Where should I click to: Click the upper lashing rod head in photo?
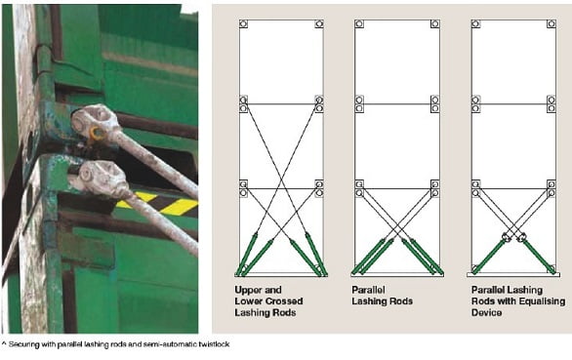96,120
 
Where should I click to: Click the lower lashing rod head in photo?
102,179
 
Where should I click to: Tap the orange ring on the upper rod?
97,133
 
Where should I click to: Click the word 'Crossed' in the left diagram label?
286,301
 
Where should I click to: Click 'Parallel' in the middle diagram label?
368,290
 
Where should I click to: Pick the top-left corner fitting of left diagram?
244,24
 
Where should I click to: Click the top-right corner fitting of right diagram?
552,24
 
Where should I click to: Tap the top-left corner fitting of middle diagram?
359,24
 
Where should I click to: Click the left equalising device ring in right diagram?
506,236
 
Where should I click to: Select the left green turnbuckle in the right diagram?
489,256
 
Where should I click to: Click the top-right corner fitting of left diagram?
319,24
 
